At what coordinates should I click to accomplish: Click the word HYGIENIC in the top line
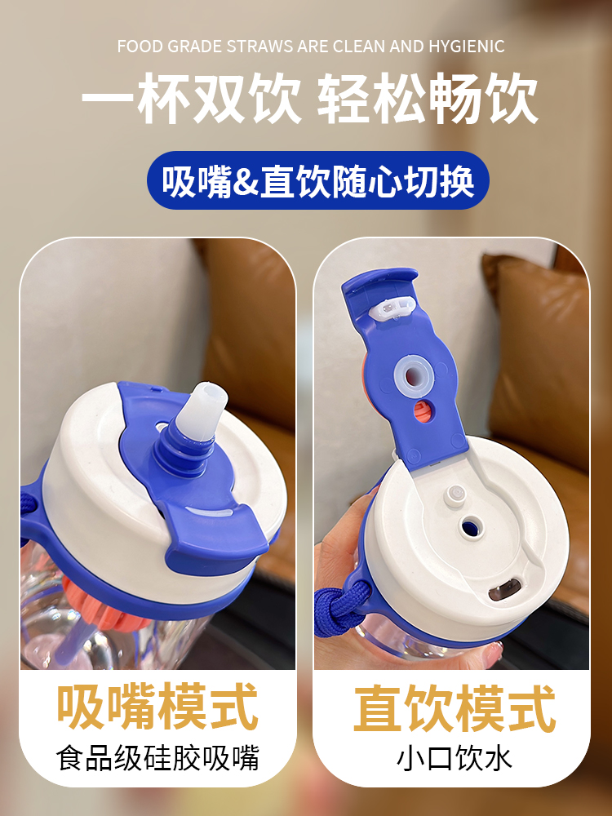[x=466, y=47]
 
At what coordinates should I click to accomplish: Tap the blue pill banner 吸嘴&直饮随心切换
[x=317, y=180]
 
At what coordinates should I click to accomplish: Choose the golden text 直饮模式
[x=454, y=707]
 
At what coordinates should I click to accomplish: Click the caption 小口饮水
[x=454, y=759]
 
